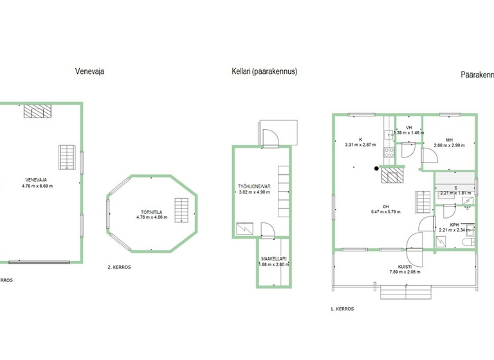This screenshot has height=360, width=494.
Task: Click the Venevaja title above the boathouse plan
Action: point(89,72)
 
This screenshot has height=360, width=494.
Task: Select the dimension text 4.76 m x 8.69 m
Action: point(37,186)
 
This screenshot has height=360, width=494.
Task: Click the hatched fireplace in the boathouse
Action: point(36,111)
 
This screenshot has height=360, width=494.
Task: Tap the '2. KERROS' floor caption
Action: point(120,267)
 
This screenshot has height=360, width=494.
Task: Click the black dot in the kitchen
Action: point(376,169)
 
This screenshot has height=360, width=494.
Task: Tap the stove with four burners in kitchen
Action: point(389,152)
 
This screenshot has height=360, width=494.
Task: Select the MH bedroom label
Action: point(449,139)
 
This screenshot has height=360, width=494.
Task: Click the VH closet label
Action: point(408,127)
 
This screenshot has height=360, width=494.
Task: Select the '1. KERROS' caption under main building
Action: point(343,309)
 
